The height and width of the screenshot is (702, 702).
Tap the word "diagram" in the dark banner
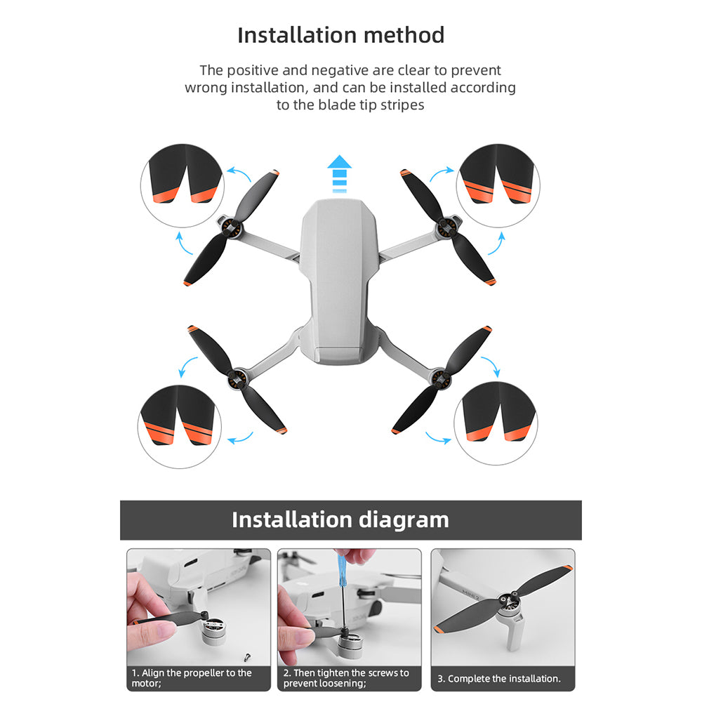[x=404, y=519]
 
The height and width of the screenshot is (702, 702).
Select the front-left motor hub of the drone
[x=230, y=229]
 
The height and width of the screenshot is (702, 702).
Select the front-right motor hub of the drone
[x=449, y=228]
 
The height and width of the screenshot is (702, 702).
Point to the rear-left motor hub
[x=237, y=380]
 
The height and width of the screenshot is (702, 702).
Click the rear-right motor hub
[x=441, y=379]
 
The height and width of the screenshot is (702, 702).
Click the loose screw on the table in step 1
[x=246, y=657]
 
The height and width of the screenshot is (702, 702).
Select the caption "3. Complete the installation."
[x=498, y=678]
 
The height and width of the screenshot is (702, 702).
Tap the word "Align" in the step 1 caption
[x=152, y=673]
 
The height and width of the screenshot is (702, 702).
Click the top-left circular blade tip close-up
[x=183, y=185]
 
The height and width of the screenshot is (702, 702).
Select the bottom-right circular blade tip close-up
[x=496, y=423]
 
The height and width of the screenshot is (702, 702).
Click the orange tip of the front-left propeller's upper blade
[x=275, y=173]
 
